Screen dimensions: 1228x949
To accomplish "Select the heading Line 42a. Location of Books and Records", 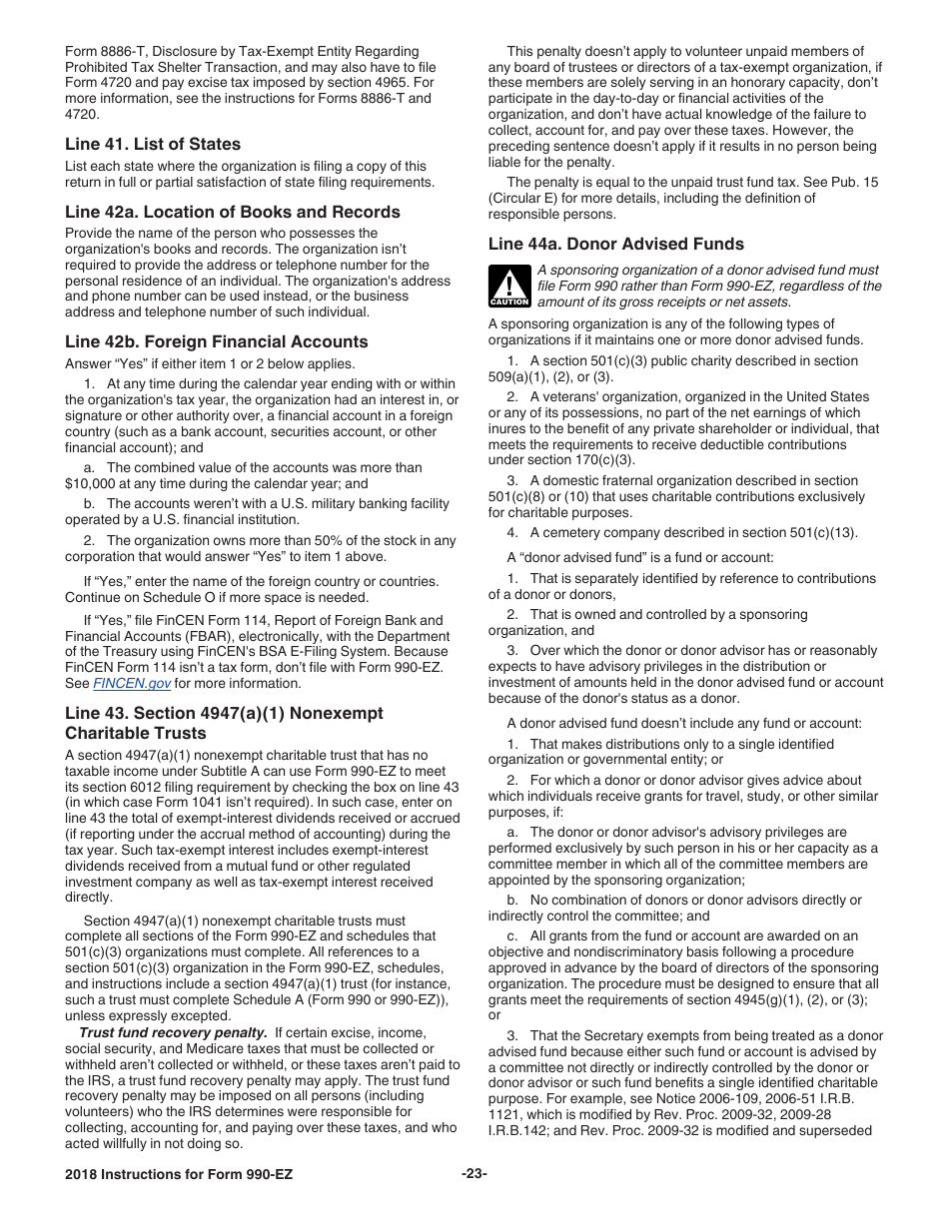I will tap(232, 212).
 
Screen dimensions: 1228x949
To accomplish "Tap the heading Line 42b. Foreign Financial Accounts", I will tap(216, 341).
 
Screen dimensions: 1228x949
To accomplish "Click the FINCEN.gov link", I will tap(132, 684).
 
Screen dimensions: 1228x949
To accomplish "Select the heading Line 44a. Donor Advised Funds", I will tap(615, 244).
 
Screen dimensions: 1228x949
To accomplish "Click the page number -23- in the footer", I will tap(474, 1174).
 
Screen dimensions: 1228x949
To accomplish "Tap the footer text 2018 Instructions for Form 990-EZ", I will tap(179, 1174).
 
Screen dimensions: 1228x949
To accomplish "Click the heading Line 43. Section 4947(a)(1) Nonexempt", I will tap(224, 713).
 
